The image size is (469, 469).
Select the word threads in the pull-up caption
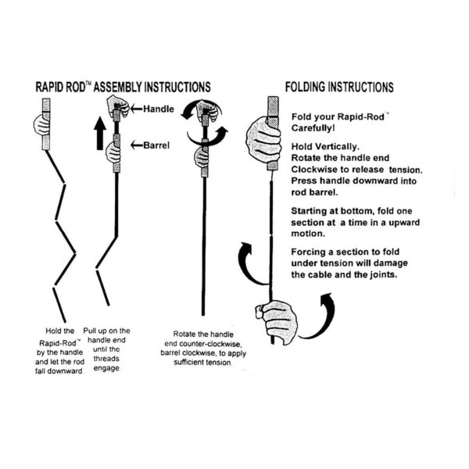pyautogui.click(x=112, y=360)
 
